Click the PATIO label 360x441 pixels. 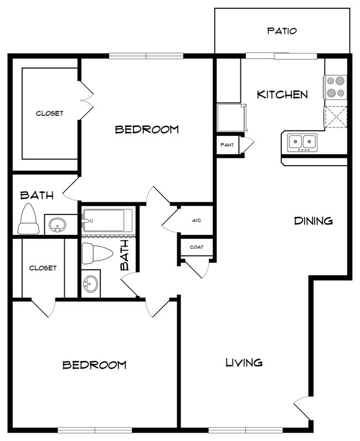[x=282, y=31]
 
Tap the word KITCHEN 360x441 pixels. [x=282, y=95]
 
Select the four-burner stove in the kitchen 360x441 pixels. [x=335, y=86]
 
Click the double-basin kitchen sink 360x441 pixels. [x=302, y=142]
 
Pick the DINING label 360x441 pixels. [x=313, y=221]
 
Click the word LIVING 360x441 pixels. [x=244, y=363]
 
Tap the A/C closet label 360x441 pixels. [x=196, y=221]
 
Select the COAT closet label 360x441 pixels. [x=196, y=248]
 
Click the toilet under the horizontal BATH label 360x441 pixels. [x=28, y=219]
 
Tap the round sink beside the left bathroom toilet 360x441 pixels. [x=56, y=224]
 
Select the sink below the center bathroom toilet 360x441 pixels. [x=91, y=285]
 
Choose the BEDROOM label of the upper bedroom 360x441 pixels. [x=147, y=130]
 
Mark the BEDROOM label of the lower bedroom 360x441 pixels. [x=94, y=365]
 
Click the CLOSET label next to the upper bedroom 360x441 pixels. [x=50, y=114]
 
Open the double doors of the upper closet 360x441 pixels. [x=85, y=100]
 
